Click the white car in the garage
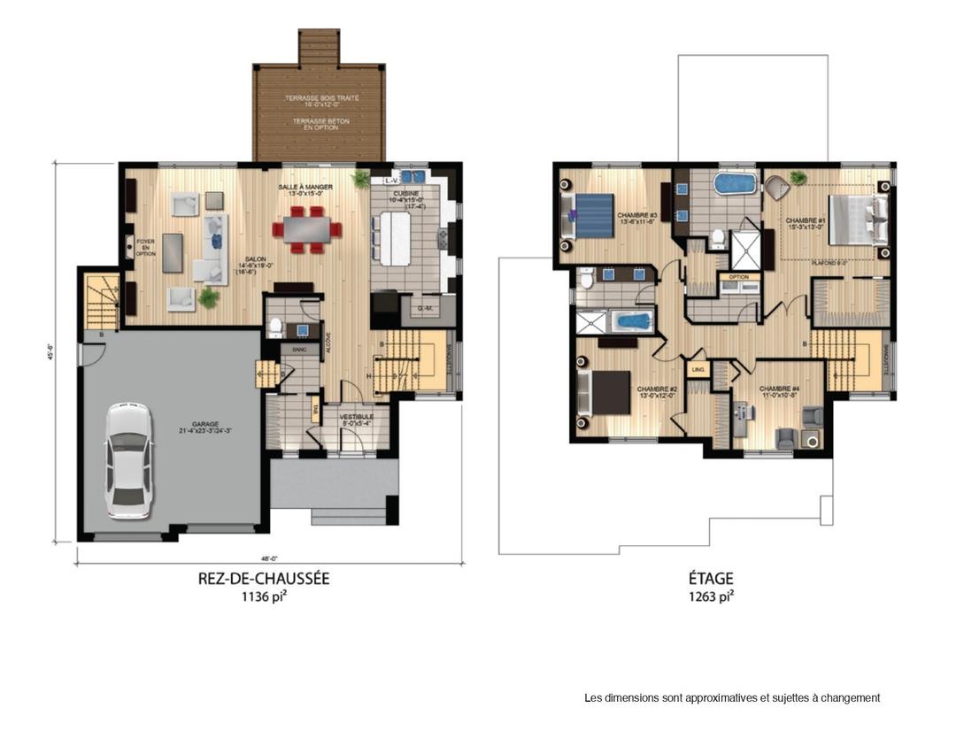point(127,460)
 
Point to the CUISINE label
point(406,193)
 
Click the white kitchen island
point(395,237)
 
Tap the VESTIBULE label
point(357,417)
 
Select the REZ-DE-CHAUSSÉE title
point(264,579)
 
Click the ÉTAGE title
point(711,579)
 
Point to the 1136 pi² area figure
point(264,597)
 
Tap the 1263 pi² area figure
point(711,597)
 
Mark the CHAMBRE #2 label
point(656,389)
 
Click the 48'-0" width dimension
point(268,558)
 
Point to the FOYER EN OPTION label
point(145,245)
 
